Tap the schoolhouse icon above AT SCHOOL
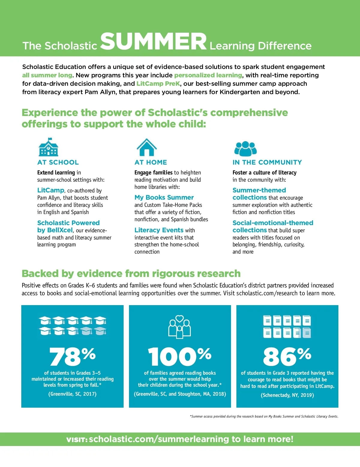[48, 147]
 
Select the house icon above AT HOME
[146, 147]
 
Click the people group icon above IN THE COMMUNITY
[245, 148]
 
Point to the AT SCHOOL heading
[58, 162]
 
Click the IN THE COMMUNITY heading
[267, 162]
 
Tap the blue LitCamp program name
[51, 190]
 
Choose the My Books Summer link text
[164, 198]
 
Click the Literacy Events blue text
[159, 230]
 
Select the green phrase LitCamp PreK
[158, 84]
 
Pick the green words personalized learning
[208, 75]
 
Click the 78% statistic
[73, 357]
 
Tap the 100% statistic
[180, 357]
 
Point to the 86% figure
[287, 357]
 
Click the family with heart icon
[179, 327]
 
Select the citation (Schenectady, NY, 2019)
[287, 395]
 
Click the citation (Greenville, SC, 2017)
[72, 394]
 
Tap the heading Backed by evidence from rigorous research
[131, 274]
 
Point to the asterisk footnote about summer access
[264, 416]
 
